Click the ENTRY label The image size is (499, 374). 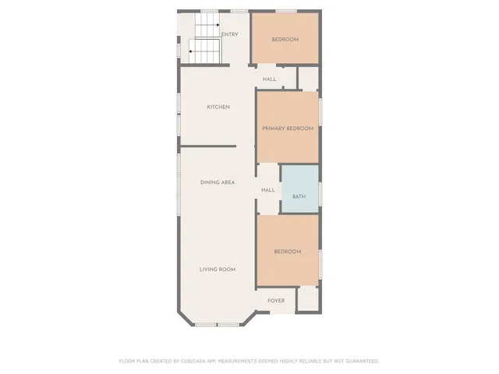click(230, 34)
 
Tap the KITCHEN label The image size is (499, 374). click(218, 107)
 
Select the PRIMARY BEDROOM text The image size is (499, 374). click(288, 128)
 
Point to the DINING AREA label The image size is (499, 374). click(218, 182)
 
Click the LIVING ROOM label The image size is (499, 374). click(218, 269)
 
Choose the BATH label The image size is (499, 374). click(299, 196)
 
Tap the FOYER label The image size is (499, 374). click(276, 300)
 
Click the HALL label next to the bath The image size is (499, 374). click(268, 189)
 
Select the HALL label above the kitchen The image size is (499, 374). click(269, 79)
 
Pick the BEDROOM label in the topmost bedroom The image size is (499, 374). click(285, 39)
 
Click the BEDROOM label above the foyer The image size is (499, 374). click(287, 251)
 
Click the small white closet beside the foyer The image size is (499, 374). click(307, 298)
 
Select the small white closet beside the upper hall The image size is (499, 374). click(308, 78)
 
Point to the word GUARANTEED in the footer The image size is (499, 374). click(359, 361)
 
